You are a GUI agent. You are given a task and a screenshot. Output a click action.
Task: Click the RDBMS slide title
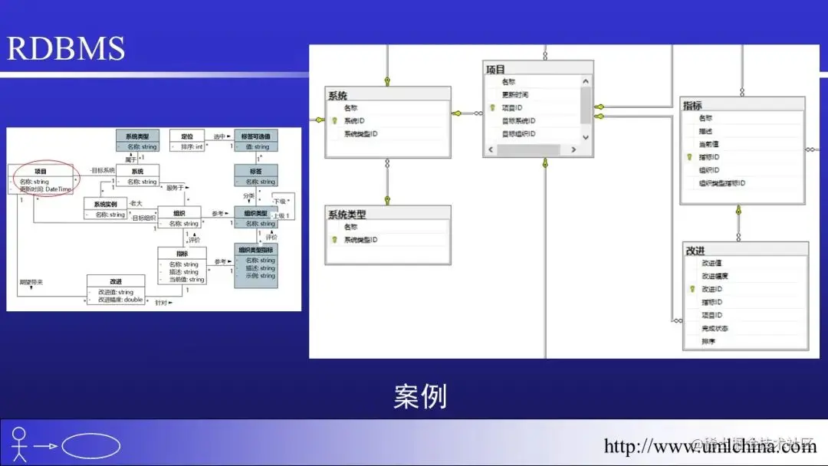pyautogui.click(x=66, y=48)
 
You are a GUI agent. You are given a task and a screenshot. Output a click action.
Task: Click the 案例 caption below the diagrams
pyautogui.click(x=420, y=397)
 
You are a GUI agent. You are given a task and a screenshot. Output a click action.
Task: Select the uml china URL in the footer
pyautogui.click(x=710, y=446)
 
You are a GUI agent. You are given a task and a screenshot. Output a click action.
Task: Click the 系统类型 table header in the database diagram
pyautogui.click(x=347, y=215)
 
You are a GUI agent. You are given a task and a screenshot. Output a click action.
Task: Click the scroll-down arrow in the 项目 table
pyautogui.click(x=586, y=137)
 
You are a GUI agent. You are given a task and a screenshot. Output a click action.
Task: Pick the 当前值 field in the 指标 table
pyautogui.click(x=708, y=144)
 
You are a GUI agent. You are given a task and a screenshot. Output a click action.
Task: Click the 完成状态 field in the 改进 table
pyautogui.click(x=715, y=329)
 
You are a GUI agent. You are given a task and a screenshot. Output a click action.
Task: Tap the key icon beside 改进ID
pyautogui.click(x=692, y=290)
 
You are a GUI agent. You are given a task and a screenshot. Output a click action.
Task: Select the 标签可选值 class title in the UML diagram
pyautogui.click(x=256, y=136)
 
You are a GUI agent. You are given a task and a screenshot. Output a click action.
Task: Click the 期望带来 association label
pyautogui.click(x=31, y=283)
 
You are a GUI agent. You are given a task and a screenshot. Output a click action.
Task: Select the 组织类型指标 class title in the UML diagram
pyautogui.click(x=256, y=250)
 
